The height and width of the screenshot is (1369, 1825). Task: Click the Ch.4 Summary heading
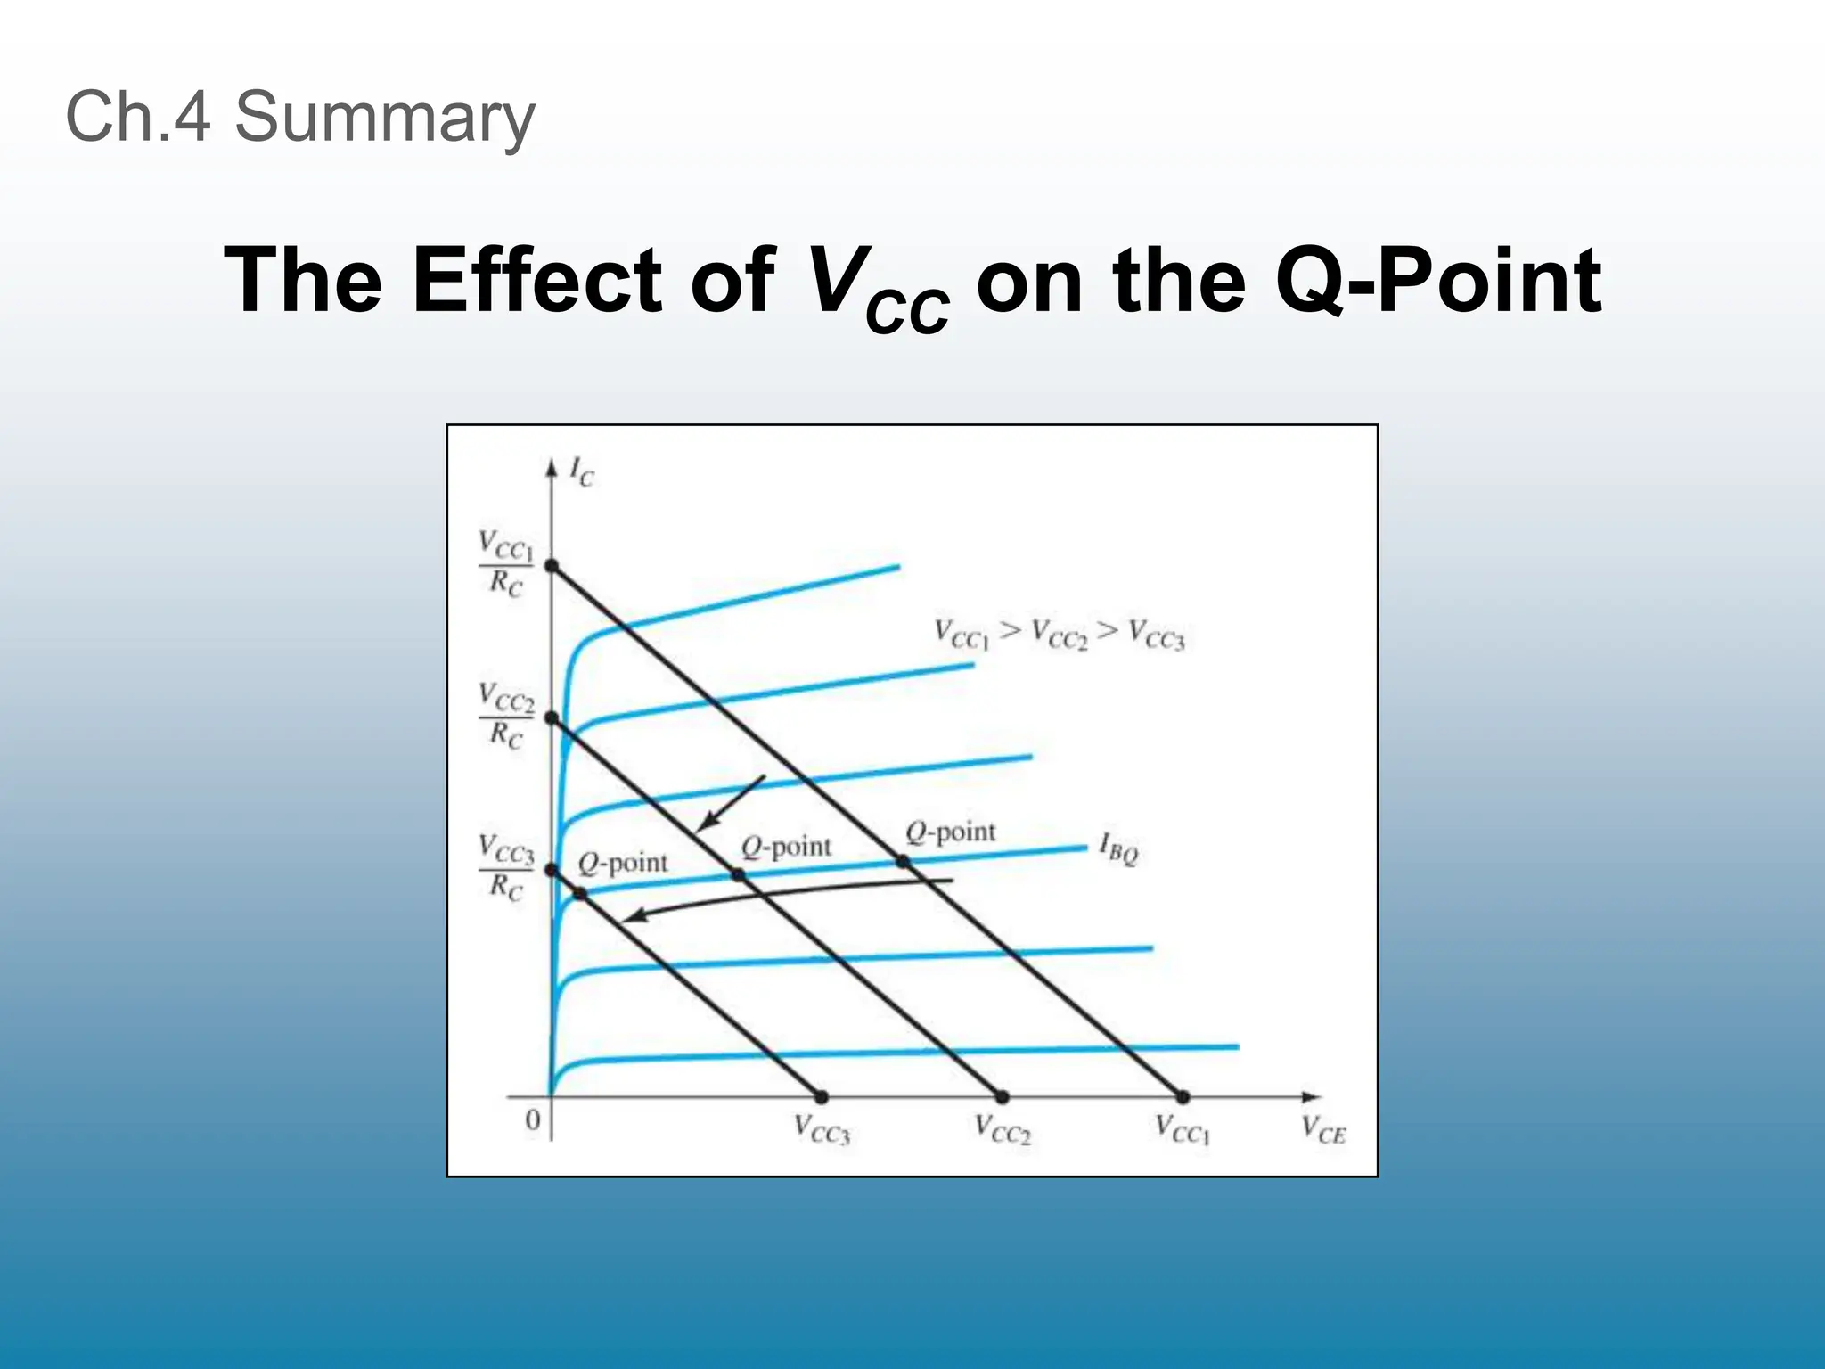click(300, 117)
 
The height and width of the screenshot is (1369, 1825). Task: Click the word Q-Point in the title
click(1438, 280)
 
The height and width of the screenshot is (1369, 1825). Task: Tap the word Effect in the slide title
click(536, 280)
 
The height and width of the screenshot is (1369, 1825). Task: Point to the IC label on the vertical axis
click(581, 472)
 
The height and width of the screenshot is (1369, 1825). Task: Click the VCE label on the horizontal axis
click(1323, 1130)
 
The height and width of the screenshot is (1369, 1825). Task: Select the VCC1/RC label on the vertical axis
click(505, 563)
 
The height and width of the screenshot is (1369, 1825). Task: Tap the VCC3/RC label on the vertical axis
click(505, 867)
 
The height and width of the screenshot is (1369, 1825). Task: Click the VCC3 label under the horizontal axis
click(822, 1130)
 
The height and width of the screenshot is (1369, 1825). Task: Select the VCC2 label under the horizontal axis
click(1003, 1130)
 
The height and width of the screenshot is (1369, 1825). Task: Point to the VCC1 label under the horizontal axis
click(1183, 1130)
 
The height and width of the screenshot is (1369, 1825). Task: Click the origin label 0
click(532, 1120)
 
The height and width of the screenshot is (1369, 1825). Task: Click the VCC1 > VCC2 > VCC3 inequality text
click(1060, 634)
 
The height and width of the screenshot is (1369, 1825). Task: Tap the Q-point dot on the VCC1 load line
click(903, 861)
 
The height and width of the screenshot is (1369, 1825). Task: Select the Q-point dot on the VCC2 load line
click(739, 875)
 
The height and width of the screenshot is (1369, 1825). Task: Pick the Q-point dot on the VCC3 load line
click(581, 893)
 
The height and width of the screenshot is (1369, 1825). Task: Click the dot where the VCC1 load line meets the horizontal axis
click(1183, 1097)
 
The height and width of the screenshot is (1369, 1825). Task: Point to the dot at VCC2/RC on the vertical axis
click(552, 717)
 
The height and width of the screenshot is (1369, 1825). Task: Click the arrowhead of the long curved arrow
click(626, 918)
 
